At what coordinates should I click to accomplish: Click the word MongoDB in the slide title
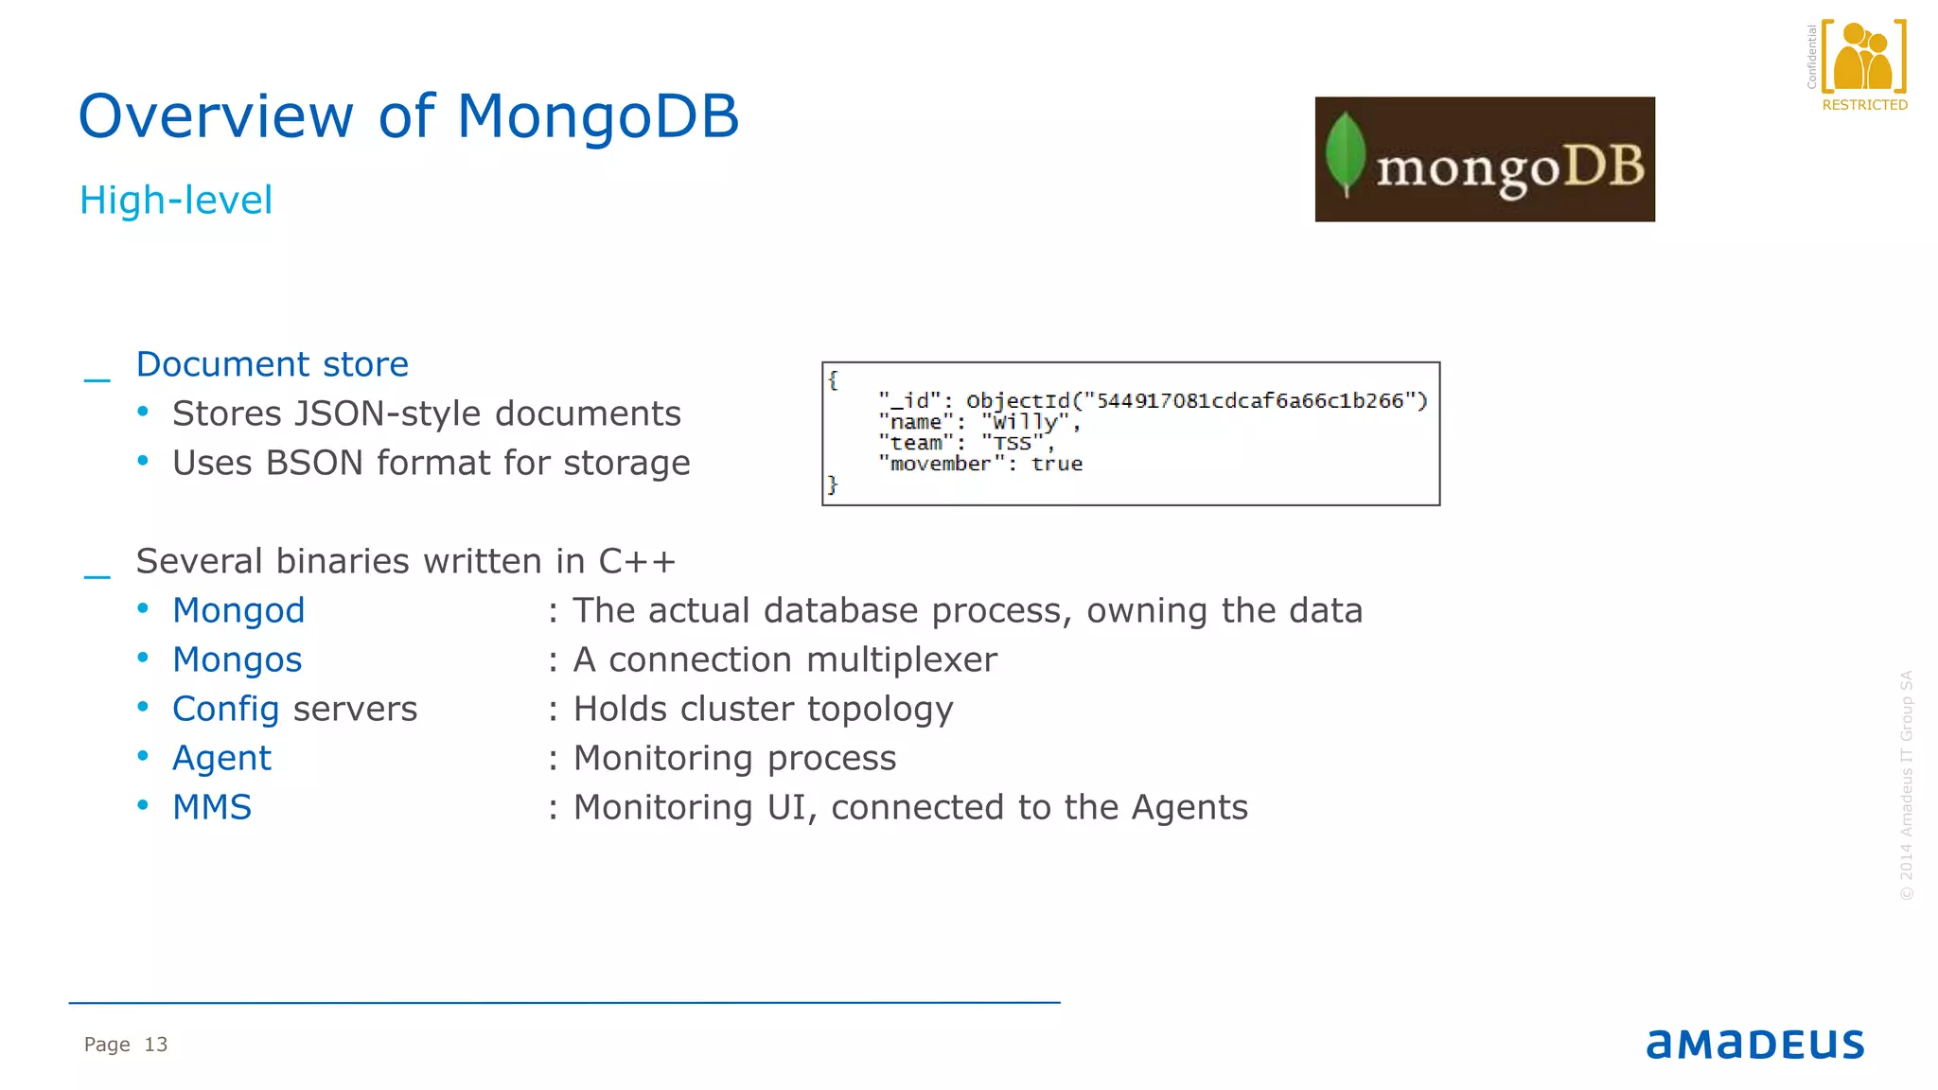click(597, 117)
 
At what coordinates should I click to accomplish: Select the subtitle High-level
click(176, 201)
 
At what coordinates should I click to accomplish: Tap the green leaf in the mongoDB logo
click(1346, 154)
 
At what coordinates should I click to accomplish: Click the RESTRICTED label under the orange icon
click(1864, 105)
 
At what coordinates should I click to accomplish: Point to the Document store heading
click(273, 364)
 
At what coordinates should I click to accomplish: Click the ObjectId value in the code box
click(1196, 401)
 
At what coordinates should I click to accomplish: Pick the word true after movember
click(1057, 464)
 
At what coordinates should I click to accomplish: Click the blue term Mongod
click(238, 610)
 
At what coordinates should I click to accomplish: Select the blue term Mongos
click(238, 659)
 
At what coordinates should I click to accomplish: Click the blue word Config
click(226, 709)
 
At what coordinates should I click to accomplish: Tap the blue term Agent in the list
click(221, 758)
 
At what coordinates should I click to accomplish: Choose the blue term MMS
click(212, 807)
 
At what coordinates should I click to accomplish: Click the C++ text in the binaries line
click(637, 561)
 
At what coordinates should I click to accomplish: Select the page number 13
click(156, 1045)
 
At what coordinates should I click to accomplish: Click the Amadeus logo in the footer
click(1755, 1044)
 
